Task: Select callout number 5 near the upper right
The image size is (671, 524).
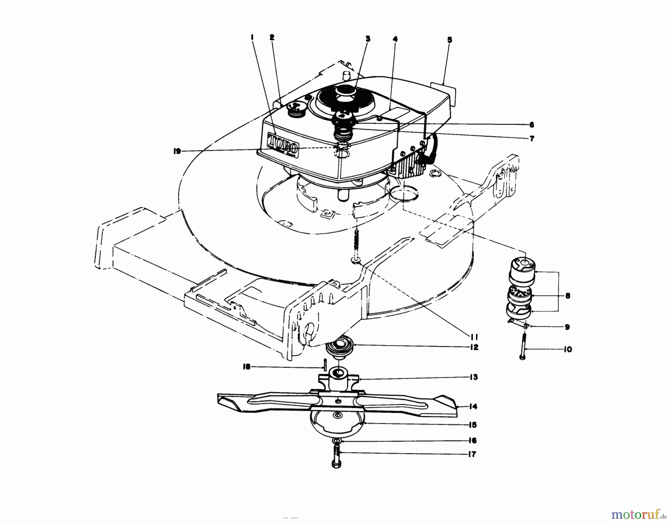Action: pyautogui.click(x=450, y=39)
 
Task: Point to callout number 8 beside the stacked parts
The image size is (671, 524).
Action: pyautogui.click(x=568, y=296)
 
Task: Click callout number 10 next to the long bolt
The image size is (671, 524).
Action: pyautogui.click(x=568, y=350)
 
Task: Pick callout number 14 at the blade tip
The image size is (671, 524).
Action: pyautogui.click(x=473, y=406)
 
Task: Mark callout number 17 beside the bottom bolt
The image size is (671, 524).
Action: pyautogui.click(x=472, y=454)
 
